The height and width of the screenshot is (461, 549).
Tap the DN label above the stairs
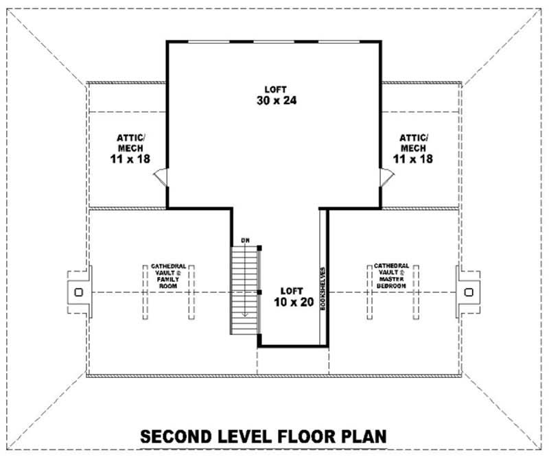[245, 240]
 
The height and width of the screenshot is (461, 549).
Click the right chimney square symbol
[469, 292]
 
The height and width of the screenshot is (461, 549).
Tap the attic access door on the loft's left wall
[160, 178]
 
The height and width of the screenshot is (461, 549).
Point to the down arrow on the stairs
[242, 312]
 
